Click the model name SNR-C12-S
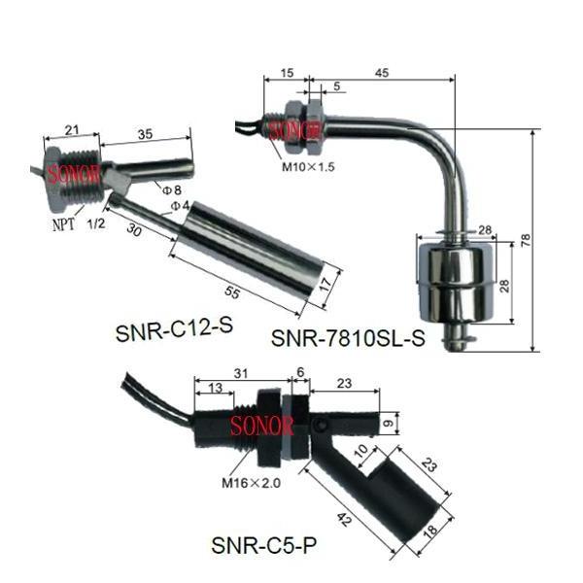(174, 329)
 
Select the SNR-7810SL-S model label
(348, 338)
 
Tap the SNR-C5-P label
(264, 545)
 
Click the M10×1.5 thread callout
(308, 167)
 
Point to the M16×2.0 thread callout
(251, 483)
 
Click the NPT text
(63, 224)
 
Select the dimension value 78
(526, 241)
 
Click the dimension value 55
(232, 292)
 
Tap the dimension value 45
(382, 73)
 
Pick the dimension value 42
(344, 519)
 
